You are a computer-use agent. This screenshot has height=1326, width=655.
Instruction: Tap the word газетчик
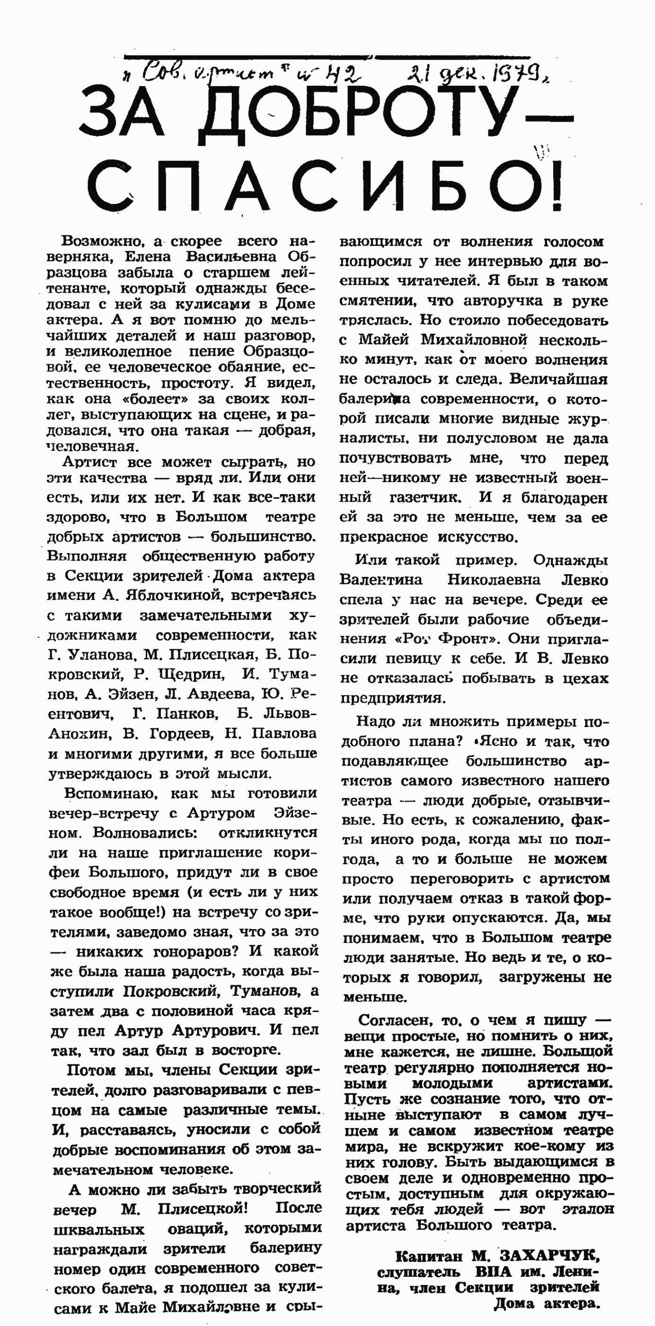click(x=425, y=498)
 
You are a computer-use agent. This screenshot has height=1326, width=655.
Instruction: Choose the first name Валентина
click(x=381, y=580)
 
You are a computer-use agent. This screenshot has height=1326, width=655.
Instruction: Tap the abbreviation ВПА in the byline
click(x=494, y=1272)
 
